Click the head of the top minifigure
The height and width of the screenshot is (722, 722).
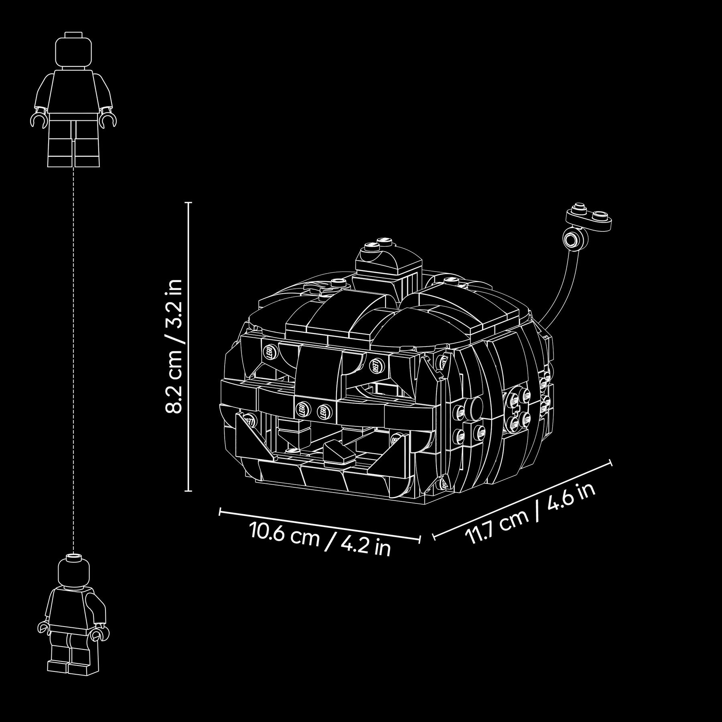[74, 50]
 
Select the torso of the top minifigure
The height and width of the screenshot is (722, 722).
[74, 92]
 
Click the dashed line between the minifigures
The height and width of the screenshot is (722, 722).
[74, 361]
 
